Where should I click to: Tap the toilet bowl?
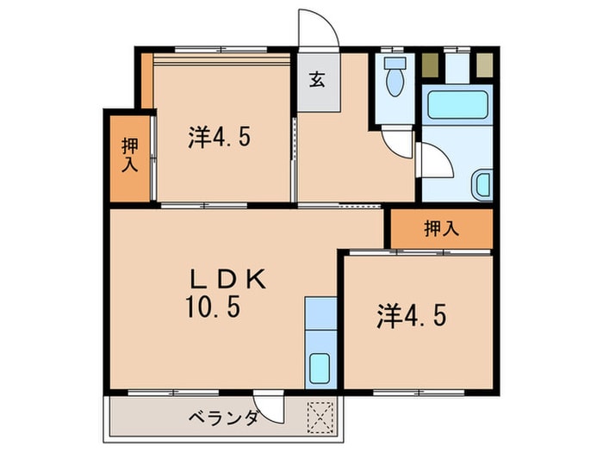click(x=395, y=80)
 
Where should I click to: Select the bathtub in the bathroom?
click(x=457, y=107)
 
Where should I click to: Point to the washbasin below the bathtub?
click(x=483, y=185)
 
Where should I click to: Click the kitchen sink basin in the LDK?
click(x=320, y=369)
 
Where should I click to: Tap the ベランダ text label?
click(x=224, y=419)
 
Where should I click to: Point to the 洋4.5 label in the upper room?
click(x=220, y=138)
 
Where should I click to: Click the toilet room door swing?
click(x=395, y=143)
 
